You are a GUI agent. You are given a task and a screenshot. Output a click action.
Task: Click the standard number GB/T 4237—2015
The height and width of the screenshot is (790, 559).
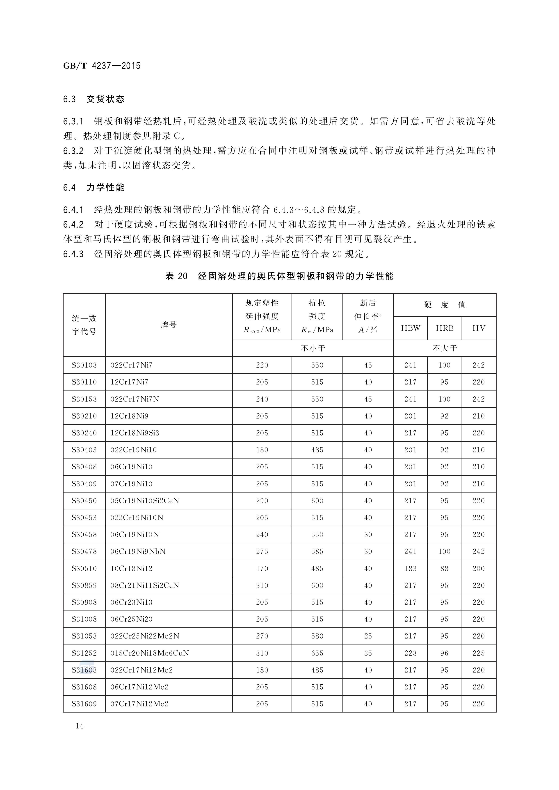(102, 66)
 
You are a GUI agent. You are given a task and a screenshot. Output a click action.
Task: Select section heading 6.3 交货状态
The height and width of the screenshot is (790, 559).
(94, 99)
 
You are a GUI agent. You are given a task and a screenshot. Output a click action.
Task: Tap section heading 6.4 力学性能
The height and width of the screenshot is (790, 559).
(94, 188)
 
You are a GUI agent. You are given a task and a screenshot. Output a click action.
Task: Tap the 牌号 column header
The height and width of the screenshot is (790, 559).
(169, 325)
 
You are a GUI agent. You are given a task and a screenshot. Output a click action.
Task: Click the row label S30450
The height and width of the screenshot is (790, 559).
(84, 501)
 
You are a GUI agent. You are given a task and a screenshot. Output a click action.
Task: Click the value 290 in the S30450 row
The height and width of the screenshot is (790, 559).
(262, 501)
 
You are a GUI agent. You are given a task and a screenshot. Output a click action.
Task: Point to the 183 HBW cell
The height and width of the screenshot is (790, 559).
(410, 568)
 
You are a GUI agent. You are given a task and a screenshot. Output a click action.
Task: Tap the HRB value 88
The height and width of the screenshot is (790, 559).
(444, 568)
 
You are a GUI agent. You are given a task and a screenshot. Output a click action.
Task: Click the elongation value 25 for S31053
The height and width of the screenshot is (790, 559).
(368, 636)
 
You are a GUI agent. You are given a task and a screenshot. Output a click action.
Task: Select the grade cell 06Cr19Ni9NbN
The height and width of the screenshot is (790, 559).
(138, 551)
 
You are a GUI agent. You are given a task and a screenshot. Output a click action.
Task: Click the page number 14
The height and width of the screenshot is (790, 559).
(80, 726)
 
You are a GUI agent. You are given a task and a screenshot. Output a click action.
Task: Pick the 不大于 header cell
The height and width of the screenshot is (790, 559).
(444, 348)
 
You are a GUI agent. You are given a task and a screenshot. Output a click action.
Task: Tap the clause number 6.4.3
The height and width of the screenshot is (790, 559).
(73, 254)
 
